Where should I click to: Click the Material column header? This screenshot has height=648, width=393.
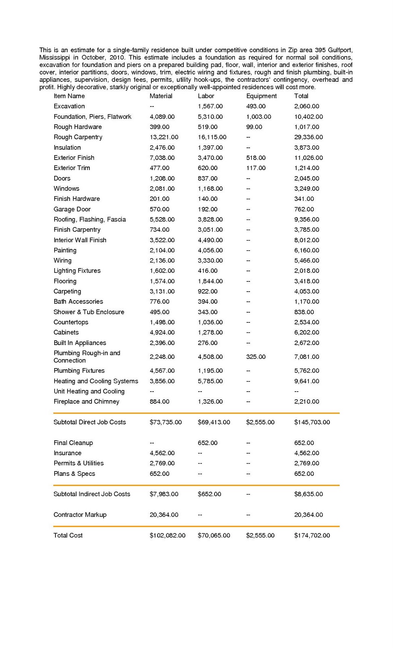click(161, 96)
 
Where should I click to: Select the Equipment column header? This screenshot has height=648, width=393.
click(261, 96)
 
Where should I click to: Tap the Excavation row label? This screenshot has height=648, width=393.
click(69, 106)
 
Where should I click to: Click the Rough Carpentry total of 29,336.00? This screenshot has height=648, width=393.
click(308, 137)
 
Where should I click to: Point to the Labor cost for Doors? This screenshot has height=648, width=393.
click(208, 178)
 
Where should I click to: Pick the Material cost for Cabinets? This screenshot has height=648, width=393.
click(162, 333)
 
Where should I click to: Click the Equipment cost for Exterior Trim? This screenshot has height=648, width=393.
click(256, 168)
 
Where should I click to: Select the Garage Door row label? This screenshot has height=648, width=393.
click(72, 209)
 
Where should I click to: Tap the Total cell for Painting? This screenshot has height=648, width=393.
click(306, 250)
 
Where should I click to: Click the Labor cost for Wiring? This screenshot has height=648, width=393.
click(210, 260)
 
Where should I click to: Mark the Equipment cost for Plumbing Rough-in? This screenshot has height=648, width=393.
click(256, 357)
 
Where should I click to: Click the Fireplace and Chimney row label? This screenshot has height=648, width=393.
click(86, 401)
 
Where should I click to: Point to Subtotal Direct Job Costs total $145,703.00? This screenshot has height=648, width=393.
click(312, 422)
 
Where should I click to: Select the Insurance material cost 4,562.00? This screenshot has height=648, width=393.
click(162, 453)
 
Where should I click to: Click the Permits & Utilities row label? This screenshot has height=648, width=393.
click(79, 463)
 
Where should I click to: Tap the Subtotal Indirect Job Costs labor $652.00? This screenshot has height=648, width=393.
click(209, 494)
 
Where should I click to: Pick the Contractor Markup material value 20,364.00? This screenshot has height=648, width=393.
click(164, 515)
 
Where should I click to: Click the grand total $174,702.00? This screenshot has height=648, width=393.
click(312, 535)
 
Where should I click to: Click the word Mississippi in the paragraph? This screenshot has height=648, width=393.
click(55, 58)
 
